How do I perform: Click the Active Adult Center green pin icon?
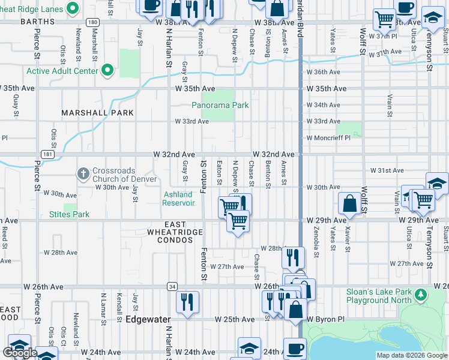tap(107, 71)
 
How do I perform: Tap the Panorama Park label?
tap(220, 105)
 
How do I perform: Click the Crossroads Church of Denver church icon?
tap(83, 174)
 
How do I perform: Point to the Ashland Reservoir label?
tap(178, 199)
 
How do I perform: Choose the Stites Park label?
tap(69, 214)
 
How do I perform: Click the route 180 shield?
tap(92, 22)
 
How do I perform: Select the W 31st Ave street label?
tap(387, 170)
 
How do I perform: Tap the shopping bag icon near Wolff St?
tap(350, 204)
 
